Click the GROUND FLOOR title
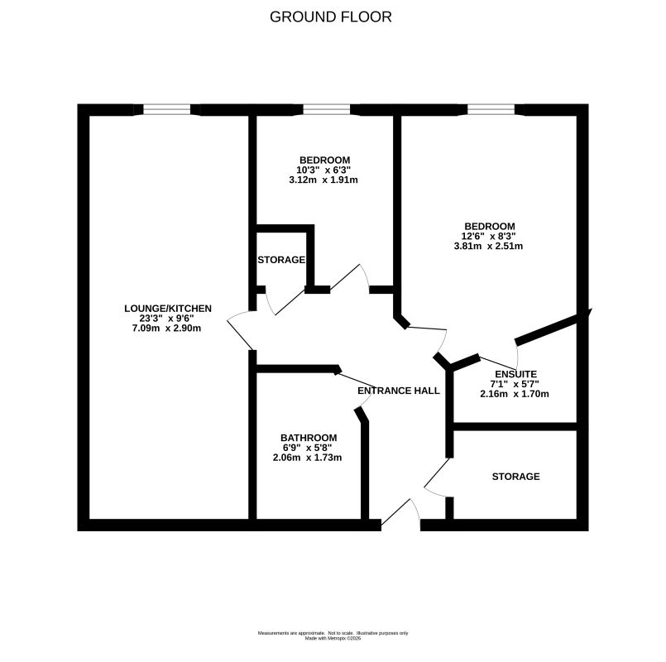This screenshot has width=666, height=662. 330,17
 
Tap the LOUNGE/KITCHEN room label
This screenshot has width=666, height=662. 168,309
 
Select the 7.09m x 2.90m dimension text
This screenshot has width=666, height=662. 166,328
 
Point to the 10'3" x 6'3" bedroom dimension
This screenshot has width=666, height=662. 323,170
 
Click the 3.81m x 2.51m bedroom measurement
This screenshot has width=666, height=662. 488,246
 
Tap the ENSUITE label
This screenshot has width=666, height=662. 516,374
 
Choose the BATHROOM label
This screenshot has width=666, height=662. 309,438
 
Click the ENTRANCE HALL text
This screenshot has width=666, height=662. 399,391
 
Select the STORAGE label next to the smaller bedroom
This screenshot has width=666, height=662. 281,260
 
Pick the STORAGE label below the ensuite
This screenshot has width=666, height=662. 516,477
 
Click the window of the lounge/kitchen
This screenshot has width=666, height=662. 166,109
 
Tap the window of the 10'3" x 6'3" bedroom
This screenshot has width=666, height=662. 327,109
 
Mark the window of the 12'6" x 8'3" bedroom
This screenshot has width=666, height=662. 491,109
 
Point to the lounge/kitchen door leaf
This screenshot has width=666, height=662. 240,334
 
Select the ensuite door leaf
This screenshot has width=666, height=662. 498,363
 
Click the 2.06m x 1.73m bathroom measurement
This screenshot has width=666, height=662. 307,458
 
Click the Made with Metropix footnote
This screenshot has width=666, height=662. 333,638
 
